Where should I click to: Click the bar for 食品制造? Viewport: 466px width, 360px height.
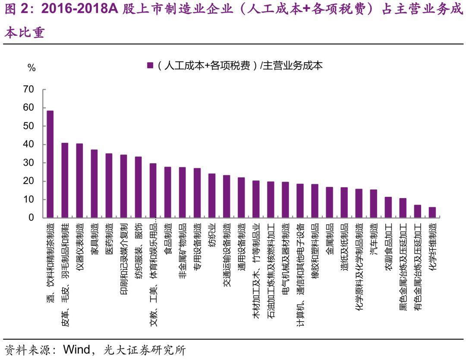[x=167, y=192]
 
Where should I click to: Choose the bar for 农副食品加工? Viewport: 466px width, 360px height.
[x=388, y=207]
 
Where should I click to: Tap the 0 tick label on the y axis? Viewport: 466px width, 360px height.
[x=31, y=218]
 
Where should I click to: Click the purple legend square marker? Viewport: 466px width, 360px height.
[x=150, y=66]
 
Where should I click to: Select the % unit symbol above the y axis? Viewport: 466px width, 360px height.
[x=31, y=68]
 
